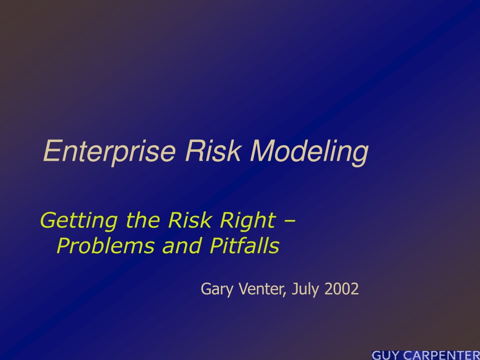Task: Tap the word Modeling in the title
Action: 309,153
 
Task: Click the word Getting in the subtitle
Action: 79,220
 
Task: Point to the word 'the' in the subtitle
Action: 142,220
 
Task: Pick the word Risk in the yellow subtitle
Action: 190,220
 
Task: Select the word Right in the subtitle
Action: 248,220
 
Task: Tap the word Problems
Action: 105,246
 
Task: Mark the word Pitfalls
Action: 245,246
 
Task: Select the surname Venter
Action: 261,289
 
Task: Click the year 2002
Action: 341,289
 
